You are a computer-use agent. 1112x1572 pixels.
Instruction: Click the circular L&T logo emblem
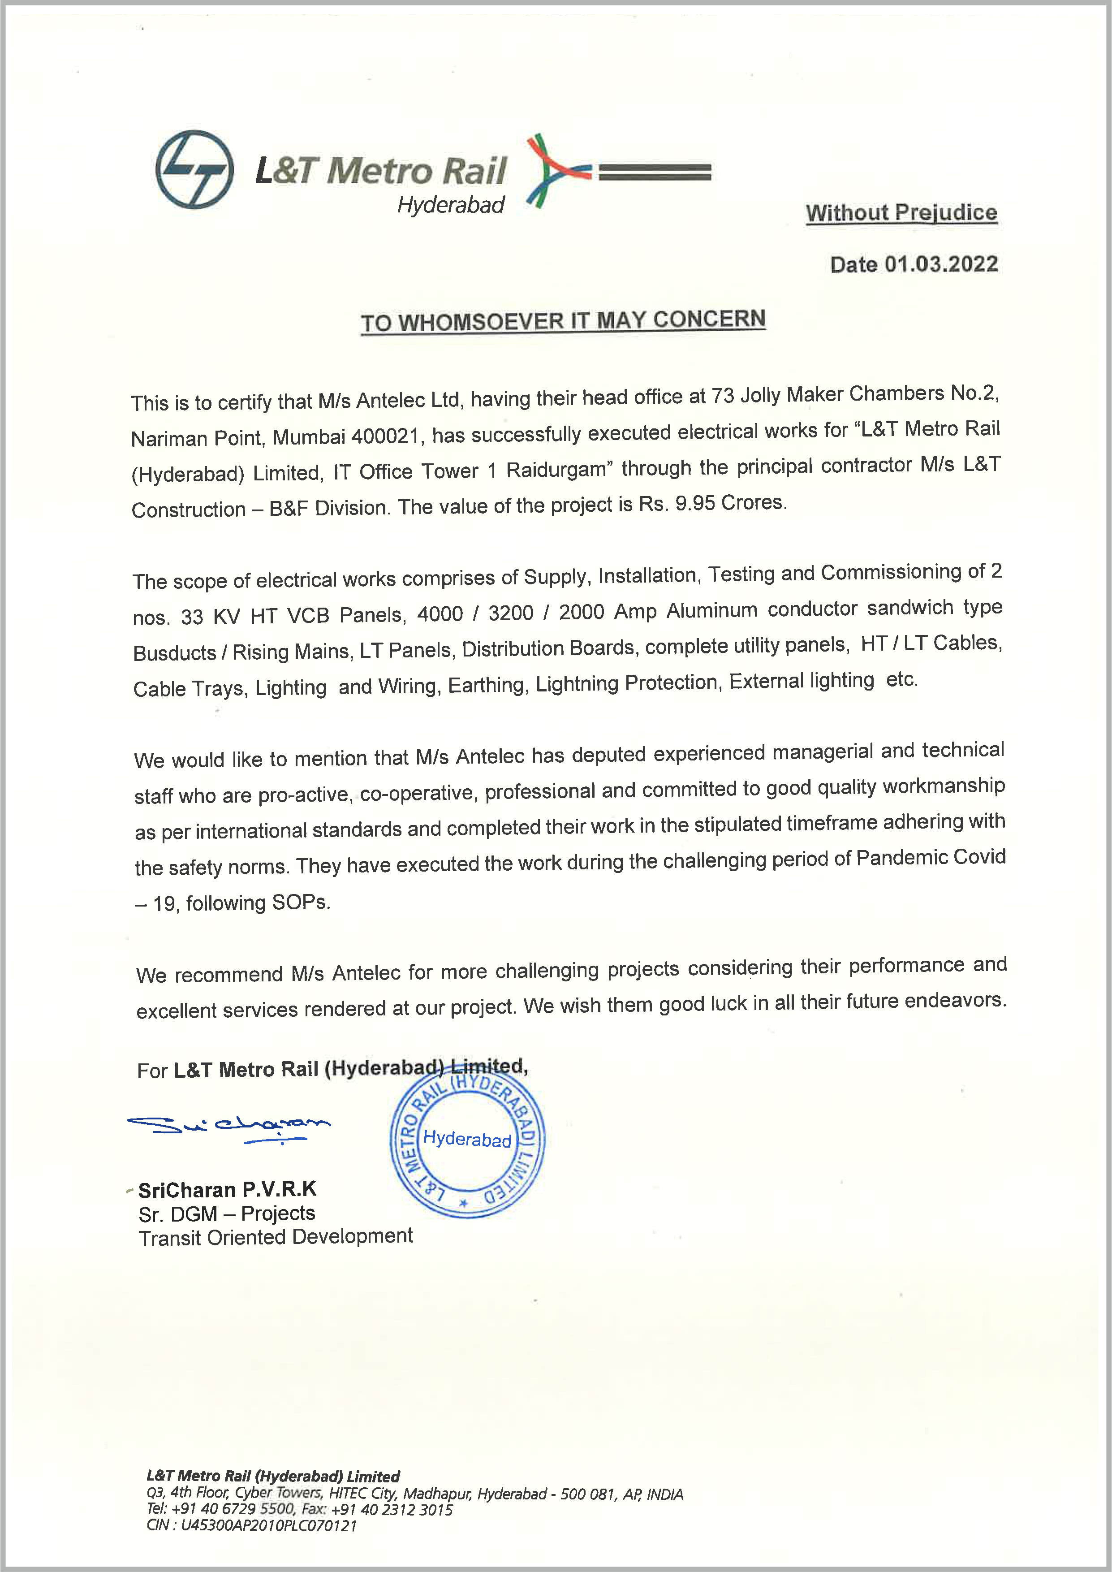[194, 169]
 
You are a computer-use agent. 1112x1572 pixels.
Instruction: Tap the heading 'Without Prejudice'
[901, 213]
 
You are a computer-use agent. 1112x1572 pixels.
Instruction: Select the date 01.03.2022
[941, 264]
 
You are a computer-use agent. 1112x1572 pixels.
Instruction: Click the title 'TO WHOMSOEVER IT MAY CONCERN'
[563, 320]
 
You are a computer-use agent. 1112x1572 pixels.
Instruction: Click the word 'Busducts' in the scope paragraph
[175, 652]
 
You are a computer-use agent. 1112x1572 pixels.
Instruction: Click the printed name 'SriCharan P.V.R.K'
[227, 1189]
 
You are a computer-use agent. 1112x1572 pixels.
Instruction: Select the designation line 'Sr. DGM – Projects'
[227, 1214]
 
